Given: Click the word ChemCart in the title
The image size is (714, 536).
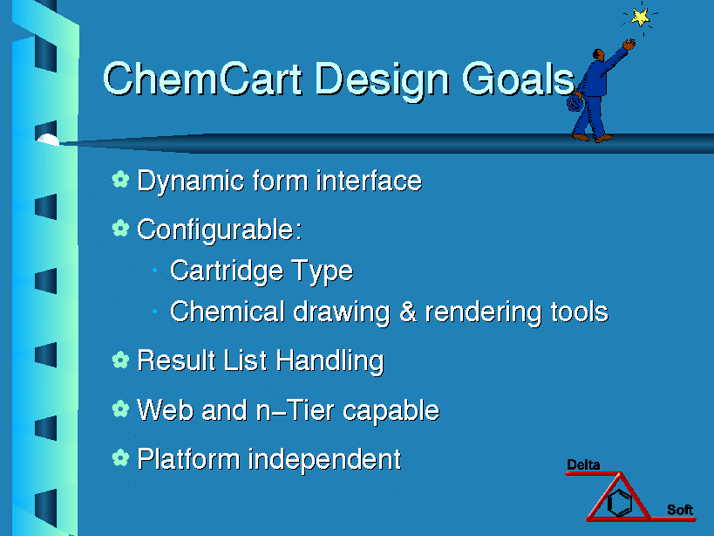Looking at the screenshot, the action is coord(202,79).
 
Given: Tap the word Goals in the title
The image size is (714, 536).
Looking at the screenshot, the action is coord(519,79).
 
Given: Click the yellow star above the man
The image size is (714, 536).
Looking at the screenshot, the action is coord(641,17).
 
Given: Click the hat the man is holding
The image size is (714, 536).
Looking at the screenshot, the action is coord(575,103).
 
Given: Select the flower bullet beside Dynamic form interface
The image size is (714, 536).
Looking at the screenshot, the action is coord(120,179).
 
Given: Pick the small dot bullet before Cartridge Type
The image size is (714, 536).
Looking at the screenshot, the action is coord(155,271).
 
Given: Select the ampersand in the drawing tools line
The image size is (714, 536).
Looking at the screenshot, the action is coord(408,312).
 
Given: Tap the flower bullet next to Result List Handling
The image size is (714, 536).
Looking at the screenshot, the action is coord(120,360).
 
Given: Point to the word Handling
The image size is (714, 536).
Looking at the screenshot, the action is coord(330,361).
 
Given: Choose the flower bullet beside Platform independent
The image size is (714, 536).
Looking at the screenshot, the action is coord(120,457).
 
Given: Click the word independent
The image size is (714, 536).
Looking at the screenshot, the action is coord(324,459).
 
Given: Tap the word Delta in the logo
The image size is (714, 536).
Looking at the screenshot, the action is coord(583,465).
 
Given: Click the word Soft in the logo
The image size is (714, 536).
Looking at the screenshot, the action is coord(680,510).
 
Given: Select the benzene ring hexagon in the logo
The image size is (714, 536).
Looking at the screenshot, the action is coord(620,502).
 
